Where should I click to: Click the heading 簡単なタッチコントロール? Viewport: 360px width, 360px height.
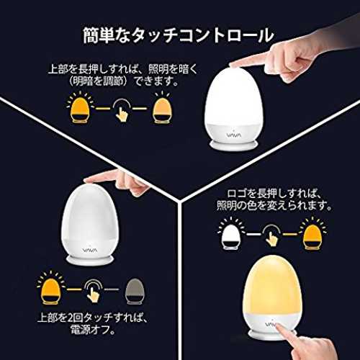pos(178,35)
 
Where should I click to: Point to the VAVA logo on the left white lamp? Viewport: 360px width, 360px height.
pos(90,251)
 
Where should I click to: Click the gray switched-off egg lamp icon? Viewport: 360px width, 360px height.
pos(135,292)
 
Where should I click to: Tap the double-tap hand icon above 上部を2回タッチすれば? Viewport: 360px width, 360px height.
pos(93,291)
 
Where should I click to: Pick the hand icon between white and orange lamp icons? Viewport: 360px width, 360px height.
pos(271,235)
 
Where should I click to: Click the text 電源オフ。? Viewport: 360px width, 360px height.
pos(93,330)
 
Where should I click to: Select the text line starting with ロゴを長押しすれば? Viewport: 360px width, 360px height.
pos(274,194)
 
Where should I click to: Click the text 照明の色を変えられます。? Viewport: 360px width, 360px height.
pos(274,206)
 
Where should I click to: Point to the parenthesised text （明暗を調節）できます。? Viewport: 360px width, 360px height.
pos(122,81)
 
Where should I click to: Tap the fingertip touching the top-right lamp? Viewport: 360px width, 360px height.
pos(233,64)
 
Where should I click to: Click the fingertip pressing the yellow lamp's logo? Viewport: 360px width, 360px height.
pos(279,327)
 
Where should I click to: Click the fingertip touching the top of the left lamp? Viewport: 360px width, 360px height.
pos(87,181)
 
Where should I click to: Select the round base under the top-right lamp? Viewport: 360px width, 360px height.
pos(234,145)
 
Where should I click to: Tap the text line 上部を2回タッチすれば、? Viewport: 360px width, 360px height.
pos(93,318)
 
